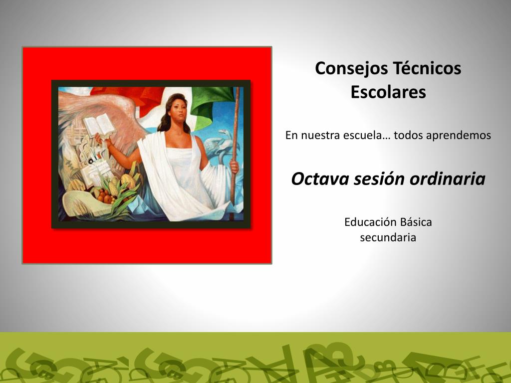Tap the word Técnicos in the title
point(427,68)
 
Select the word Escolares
point(388,92)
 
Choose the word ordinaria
point(448,179)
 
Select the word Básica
point(416,222)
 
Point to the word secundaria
point(388,237)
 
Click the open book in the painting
point(100,126)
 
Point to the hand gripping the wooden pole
point(235,166)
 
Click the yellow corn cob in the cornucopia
point(113,188)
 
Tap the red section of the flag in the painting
point(130,96)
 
